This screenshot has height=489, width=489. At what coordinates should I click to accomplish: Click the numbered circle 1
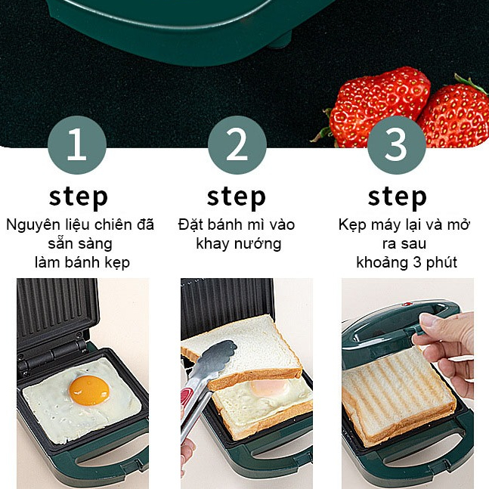point(76,145)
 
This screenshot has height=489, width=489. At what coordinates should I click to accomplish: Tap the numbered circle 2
point(237,145)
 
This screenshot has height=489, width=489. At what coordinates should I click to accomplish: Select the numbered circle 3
point(396,145)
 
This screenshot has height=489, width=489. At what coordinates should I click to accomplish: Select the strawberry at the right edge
point(457,117)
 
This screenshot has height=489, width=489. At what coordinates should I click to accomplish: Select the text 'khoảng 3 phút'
point(407,262)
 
